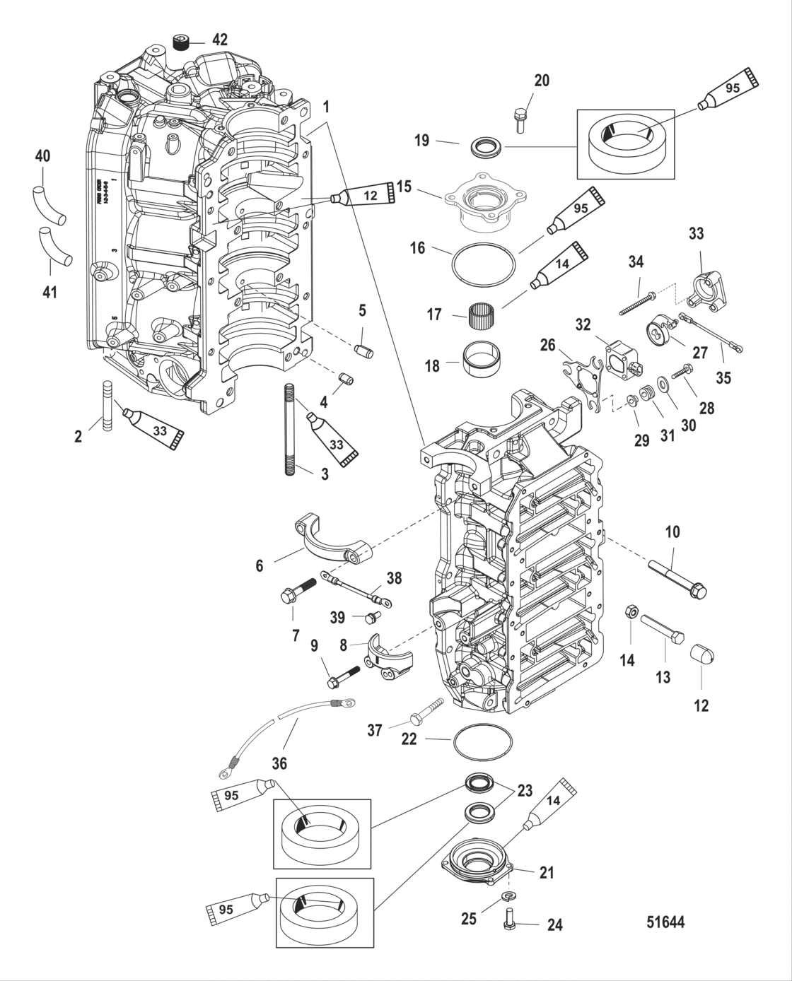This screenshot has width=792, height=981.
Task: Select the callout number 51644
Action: point(665,922)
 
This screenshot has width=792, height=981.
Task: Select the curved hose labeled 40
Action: point(49,204)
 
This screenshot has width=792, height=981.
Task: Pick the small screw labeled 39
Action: point(368,618)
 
